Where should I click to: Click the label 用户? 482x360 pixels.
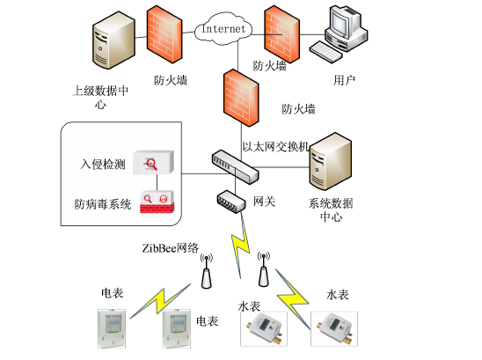pyautogui.click(x=345, y=80)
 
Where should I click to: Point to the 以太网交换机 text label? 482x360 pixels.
pyautogui.click(x=275, y=147)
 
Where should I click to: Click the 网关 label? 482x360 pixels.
pyautogui.click(x=265, y=202)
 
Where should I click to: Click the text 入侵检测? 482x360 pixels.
pyautogui.click(x=102, y=164)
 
